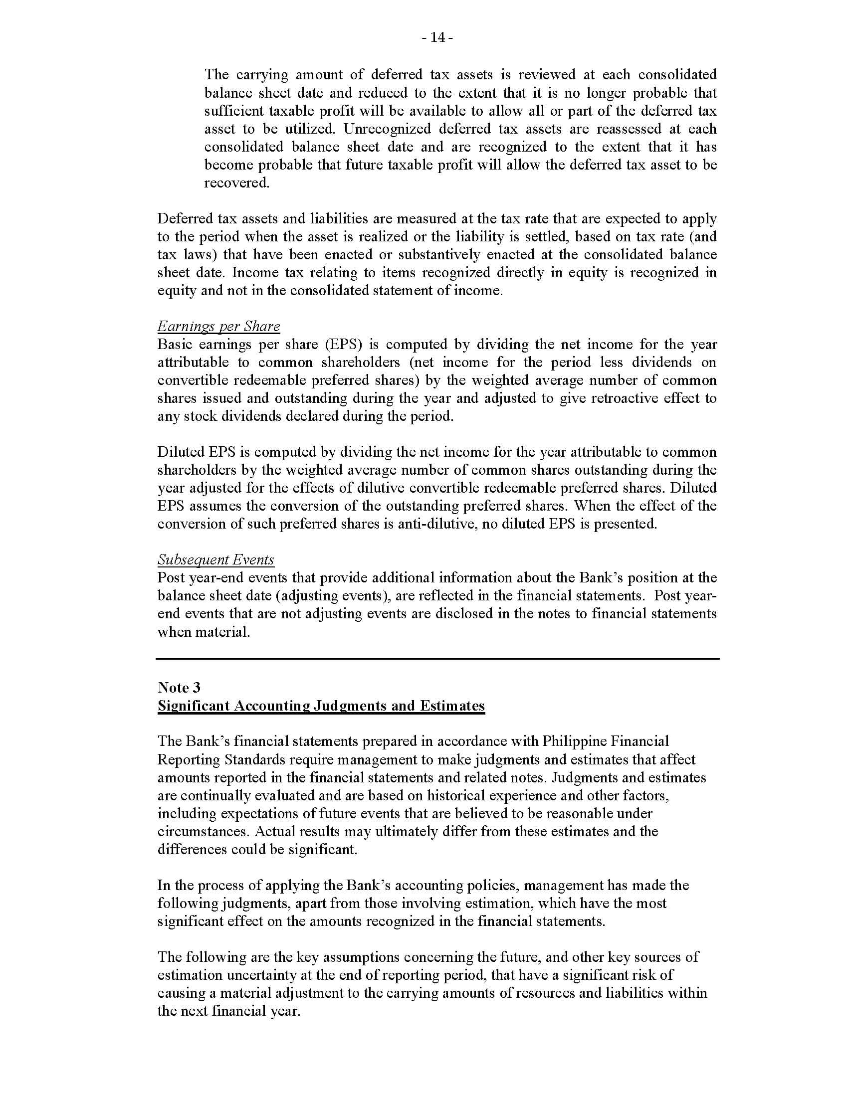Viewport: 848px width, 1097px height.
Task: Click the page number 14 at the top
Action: (437, 38)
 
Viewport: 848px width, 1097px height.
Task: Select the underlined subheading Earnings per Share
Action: (218, 327)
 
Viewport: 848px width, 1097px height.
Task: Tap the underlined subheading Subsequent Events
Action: (215, 559)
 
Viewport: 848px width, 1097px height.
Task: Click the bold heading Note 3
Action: (179, 688)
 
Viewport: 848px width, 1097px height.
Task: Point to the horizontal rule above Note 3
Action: (437, 659)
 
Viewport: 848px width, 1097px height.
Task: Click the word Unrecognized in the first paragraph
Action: (387, 129)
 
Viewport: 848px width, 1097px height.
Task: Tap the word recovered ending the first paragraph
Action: (236, 183)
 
